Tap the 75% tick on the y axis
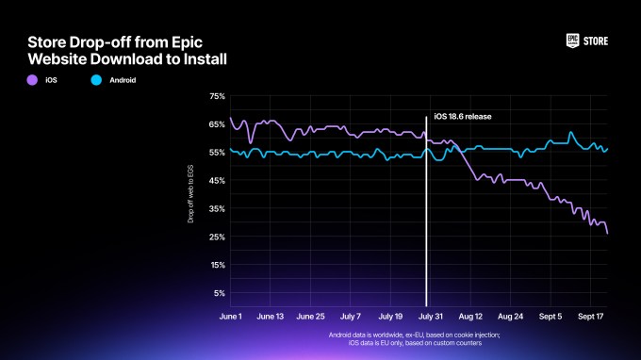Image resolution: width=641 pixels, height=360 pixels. click(x=216, y=96)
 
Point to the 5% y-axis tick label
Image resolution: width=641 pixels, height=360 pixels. click(x=218, y=293)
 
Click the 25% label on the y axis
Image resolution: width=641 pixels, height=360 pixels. click(x=216, y=237)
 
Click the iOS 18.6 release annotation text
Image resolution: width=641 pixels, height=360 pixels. click(x=463, y=117)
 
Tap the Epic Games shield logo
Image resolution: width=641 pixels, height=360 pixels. click(x=572, y=41)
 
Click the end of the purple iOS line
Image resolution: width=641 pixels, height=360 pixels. click(x=607, y=233)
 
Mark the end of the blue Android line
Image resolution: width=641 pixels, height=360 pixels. click(x=607, y=148)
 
